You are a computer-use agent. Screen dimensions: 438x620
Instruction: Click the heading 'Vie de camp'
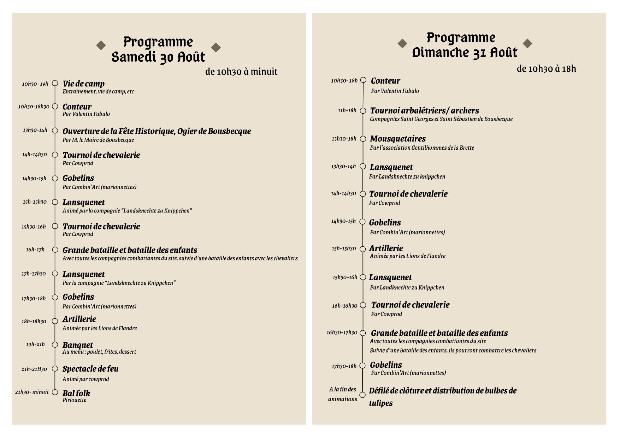pos(83,84)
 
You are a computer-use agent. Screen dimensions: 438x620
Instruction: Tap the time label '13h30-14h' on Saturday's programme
pos(35,130)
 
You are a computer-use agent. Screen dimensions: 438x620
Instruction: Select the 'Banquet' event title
pos(78,345)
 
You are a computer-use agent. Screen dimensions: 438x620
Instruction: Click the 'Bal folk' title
pos(76,393)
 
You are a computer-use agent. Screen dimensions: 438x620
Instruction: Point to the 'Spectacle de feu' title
pos(90,369)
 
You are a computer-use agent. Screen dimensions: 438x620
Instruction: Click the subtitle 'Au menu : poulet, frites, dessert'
pos(99,352)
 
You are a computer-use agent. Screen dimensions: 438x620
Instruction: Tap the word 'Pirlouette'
pos(75,400)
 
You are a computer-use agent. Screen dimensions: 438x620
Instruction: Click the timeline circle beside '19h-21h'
pos(55,345)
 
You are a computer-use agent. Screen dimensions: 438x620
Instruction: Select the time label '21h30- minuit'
pos(32,392)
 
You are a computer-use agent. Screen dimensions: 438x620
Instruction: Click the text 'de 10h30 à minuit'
pos(241,72)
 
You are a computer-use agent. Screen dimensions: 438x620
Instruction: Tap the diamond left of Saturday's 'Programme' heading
pos(101,45)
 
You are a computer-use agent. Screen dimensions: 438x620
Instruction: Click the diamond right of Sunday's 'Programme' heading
pos(527,43)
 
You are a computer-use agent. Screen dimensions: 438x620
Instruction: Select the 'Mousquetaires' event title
pos(398,139)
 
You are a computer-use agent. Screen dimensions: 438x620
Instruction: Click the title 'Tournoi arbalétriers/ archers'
pos(424,110)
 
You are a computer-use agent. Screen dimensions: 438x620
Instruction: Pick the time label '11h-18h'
pos(347,110)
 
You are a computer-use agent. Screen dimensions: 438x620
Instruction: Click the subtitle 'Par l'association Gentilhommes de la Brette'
pos(422,148)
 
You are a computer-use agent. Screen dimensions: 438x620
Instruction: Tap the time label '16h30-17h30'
pos(342,332)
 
